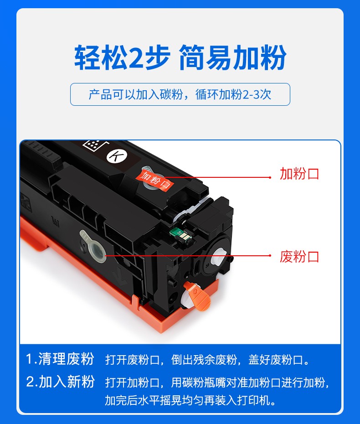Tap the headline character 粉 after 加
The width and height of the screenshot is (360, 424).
coord(273,57)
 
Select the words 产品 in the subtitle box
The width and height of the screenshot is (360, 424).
coord(100,94)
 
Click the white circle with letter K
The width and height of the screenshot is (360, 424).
coord(117,156)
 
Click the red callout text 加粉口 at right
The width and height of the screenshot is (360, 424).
coord(299,174)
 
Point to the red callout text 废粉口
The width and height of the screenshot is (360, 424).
coord(299,256)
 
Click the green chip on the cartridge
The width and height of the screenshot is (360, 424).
coord(180,234)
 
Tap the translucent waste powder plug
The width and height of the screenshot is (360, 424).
coord(94,246)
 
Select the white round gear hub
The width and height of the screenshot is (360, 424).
coord(219,257)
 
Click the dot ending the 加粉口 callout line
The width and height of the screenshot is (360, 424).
coord(270,177)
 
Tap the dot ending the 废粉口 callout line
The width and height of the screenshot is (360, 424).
coord(270,255)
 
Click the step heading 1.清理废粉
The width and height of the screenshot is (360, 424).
coord(60,359)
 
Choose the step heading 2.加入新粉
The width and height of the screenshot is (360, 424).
coord(60,382)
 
